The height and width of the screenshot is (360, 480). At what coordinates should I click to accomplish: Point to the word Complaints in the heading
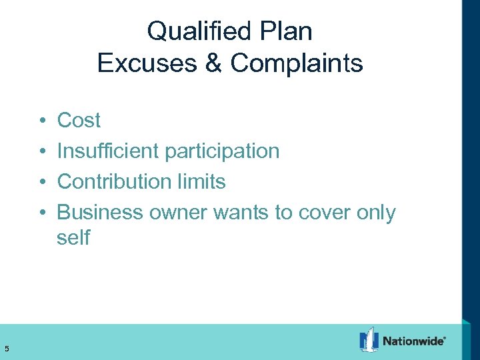coord(297,63)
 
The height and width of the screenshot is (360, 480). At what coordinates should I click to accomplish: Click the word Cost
coord(79,121)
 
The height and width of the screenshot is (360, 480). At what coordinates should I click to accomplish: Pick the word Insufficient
coord(108,151)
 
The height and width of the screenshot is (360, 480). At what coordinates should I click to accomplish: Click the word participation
coord(222,151)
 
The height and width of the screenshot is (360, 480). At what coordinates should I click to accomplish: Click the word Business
coord(100,213)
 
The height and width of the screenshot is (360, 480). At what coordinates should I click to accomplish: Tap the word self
coord(73,238)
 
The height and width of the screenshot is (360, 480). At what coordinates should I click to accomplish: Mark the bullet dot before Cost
coord(41,121)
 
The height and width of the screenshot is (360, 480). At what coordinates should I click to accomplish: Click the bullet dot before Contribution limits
coord(41,182)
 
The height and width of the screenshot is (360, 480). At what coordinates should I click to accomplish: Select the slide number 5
coord(6,347)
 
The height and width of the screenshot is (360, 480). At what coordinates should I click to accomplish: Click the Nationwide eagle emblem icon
coord(369,340)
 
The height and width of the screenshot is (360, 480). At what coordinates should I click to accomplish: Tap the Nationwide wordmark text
coord(413,341)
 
